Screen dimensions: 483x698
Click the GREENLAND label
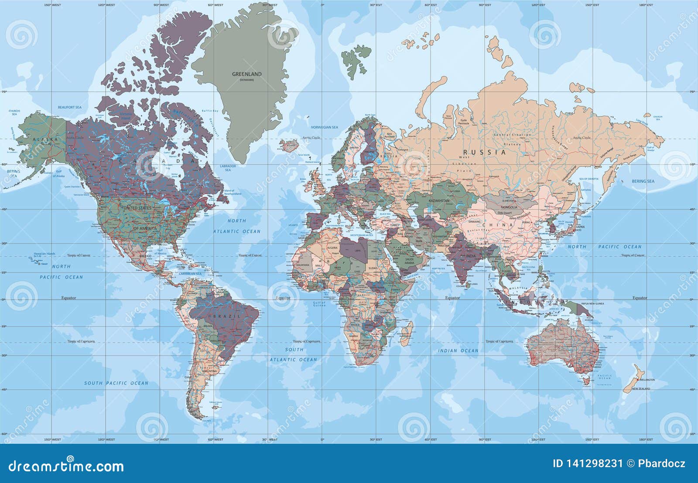coord(247,74)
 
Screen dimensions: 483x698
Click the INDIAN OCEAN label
coord(458,350)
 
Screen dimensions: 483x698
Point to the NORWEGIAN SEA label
coord(324,127)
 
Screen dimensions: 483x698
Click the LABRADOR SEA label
coord(228,168)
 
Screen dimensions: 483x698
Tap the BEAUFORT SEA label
coord(70,107)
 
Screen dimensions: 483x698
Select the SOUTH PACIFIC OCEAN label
coord(116,383)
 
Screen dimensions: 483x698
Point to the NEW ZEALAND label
coord(641,388)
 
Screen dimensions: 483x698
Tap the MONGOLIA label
coord(509,207)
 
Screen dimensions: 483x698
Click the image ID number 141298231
coord(588,463)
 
